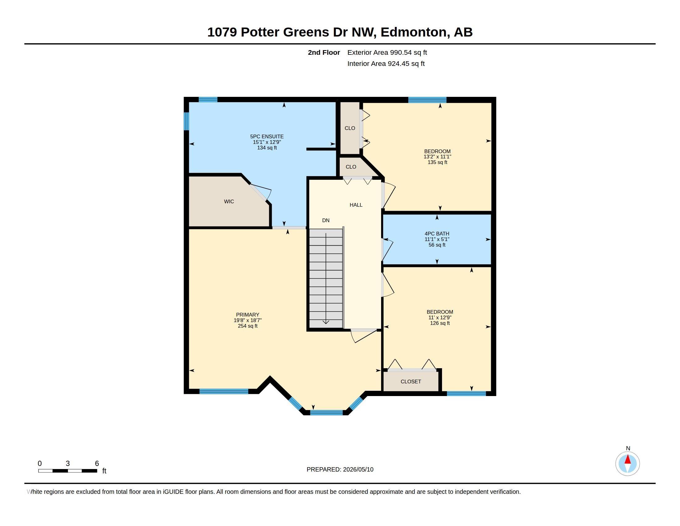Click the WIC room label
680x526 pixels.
click(229, 202)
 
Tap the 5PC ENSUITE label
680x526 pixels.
click(267, 136)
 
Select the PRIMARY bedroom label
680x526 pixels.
click(248, 315)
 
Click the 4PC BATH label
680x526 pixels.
click(437, 234)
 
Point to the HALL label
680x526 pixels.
click(356, 205)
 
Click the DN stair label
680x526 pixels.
click(326, 220)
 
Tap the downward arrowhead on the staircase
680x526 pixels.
click(326, 322)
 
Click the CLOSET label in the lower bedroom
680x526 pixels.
click(411, 382)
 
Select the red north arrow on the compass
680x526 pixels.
click(628, 459)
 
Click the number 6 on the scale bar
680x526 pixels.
click(97, 463)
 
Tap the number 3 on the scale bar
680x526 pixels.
click(68, 463)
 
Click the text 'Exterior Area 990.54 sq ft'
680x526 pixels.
click(387, 53)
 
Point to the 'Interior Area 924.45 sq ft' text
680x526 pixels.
click(386, 64)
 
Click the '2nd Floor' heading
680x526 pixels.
click(324, 53)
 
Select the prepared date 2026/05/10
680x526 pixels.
click(358, 470)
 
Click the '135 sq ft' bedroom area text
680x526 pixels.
click(437, 162)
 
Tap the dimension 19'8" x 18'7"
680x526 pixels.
click(248, 320)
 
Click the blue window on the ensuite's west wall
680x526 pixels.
click(186, 121)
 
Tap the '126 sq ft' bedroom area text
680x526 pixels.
click(440, 323)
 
